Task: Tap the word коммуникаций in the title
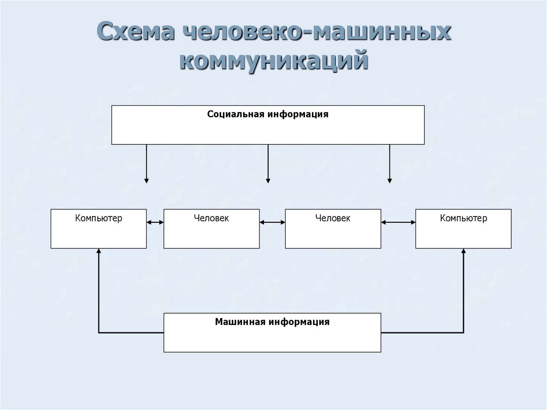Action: click(274, 60)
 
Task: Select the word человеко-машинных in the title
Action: click(317, 33)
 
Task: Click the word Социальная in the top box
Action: click(236, 114)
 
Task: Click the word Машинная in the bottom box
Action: click(240, 322)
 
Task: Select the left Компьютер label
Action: click(99, 218)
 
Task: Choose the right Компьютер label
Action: click(464, 218)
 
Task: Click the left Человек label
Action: click(212, 218)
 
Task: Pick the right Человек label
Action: click(333, 218)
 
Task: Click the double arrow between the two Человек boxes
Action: click(272, 222)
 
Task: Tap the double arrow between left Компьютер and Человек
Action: click(155, 222)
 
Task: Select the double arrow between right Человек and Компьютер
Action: click(398, 222)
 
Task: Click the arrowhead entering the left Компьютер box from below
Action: click(99, 252)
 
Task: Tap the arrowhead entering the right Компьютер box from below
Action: click(464, 252)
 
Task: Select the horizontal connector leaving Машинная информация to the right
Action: click(422, 332)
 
